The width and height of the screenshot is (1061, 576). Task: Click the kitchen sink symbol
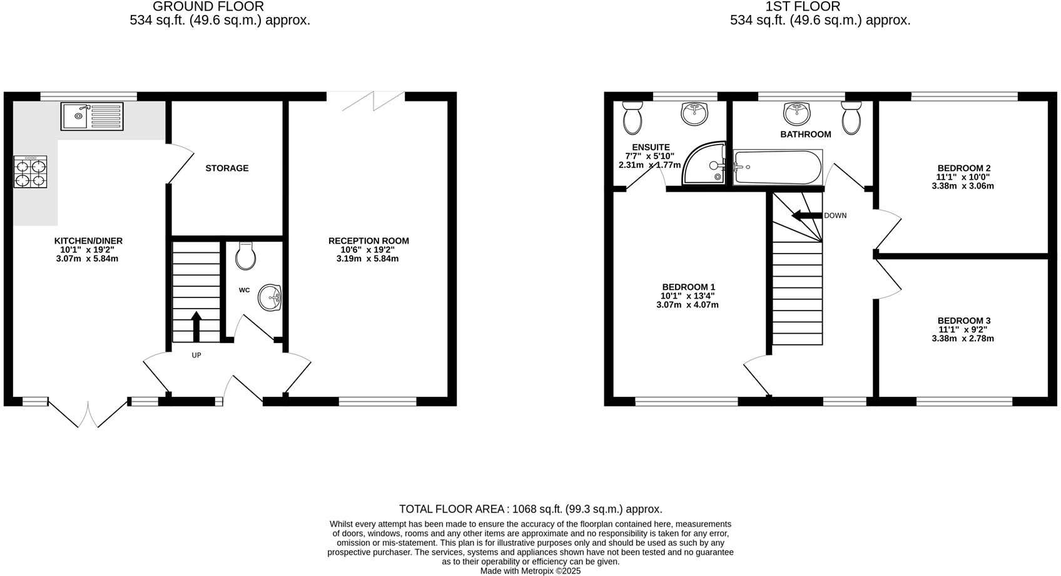pyautogui.click(x=92, y=116)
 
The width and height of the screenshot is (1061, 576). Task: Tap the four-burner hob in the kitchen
pyautogui.click(x=31, y=172)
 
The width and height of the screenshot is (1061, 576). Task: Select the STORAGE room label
pyautogui.click(x=227, y=168)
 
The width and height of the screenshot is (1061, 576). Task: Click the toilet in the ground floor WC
pyautogui.click(x=246, y=256)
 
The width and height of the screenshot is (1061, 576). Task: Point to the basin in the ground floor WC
pyautogui.click(x=271, y=297)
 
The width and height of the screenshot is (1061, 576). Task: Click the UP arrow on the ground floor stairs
pyautogui.click(x=196, y=326)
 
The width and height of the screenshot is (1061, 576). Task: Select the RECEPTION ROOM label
pyautogui.click(x=368, y=240)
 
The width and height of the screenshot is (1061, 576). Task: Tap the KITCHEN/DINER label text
pyautogui.click(x=88, y=240)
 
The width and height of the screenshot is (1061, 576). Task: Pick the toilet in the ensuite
pyautogui.click(x=633, y=118)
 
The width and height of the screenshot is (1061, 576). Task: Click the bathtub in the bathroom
pyautogui.click(x=778, y=167)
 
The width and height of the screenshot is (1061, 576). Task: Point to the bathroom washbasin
pyautogui.click(x=796, y=113)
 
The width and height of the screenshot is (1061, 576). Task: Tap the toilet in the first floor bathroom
pyautogui.click(x=851, y=118)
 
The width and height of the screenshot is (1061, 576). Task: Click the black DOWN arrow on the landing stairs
pyautogui.click(x=806, y=215)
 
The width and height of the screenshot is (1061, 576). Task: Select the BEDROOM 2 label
pyautogui.click(x=963, y=168)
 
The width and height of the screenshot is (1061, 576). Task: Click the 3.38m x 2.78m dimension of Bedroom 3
pyautogui.click(x=962, y=338)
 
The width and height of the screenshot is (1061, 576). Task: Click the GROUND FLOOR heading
pyautogui.click(x=208, y=6)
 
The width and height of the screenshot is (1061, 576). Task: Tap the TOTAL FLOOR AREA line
pyautogui.click(x=530, y=509)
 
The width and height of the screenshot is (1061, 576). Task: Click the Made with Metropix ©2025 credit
pyautogui.click(x=530, y=570)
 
